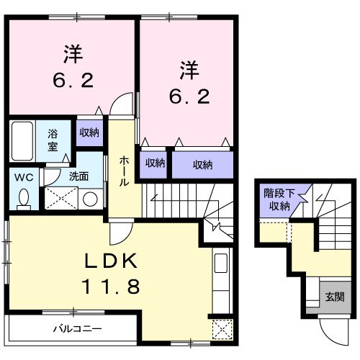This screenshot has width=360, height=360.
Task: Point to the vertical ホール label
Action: [123, 171]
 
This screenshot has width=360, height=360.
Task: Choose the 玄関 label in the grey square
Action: [334, 296]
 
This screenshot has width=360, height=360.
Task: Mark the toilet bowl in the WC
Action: [23, 197]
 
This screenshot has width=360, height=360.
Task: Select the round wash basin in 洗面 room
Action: [89, 199]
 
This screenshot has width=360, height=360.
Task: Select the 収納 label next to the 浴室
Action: [89, 132]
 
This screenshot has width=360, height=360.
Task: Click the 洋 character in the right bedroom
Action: [189, 70]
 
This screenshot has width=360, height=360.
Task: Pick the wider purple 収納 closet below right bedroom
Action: [202, 165]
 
